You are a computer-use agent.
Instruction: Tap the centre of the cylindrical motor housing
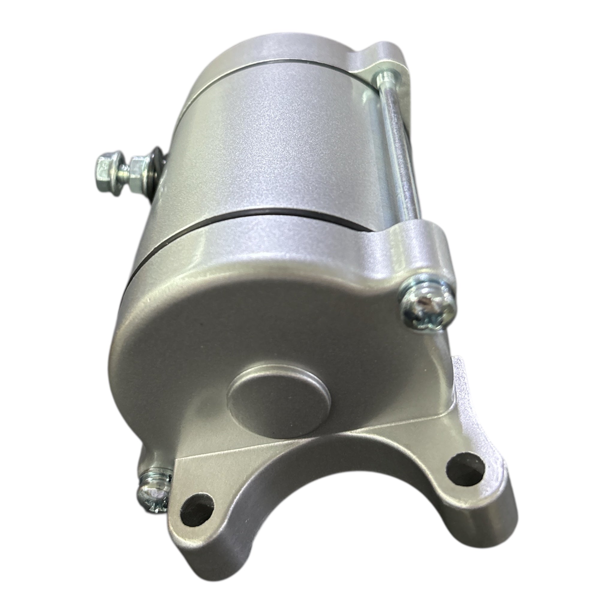click(x=270, y=140)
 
